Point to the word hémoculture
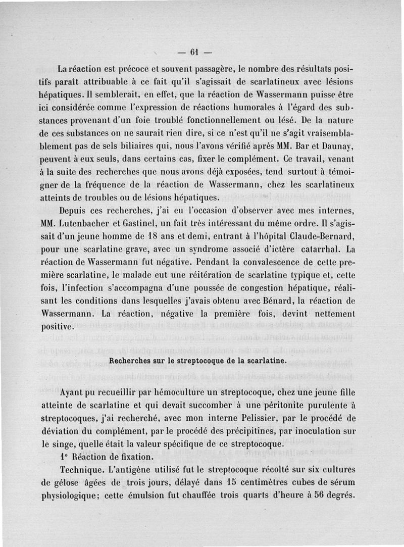coord(179,392)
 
